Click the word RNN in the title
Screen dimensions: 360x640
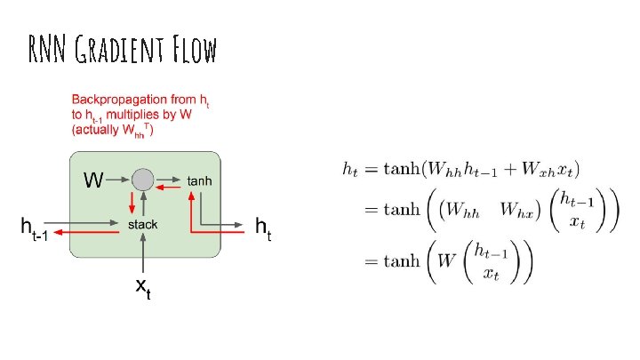tap(44, 50)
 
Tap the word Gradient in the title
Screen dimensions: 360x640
tap(115, 50)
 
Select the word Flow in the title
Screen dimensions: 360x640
tap(193, 50)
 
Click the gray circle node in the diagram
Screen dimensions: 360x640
tap(142, 180)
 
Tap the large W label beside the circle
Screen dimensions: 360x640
tap(92, 180)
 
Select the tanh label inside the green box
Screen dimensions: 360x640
tap(199, 180)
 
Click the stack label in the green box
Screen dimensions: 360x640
tap(142, 225)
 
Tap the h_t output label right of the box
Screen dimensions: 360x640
tap(264, 228)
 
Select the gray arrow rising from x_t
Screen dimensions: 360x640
tap(142, 253)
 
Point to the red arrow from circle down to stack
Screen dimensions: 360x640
tap(133, 203)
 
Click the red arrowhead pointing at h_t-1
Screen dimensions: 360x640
tap(56, 234)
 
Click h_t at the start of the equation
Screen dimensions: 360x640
tap(348, 168)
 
